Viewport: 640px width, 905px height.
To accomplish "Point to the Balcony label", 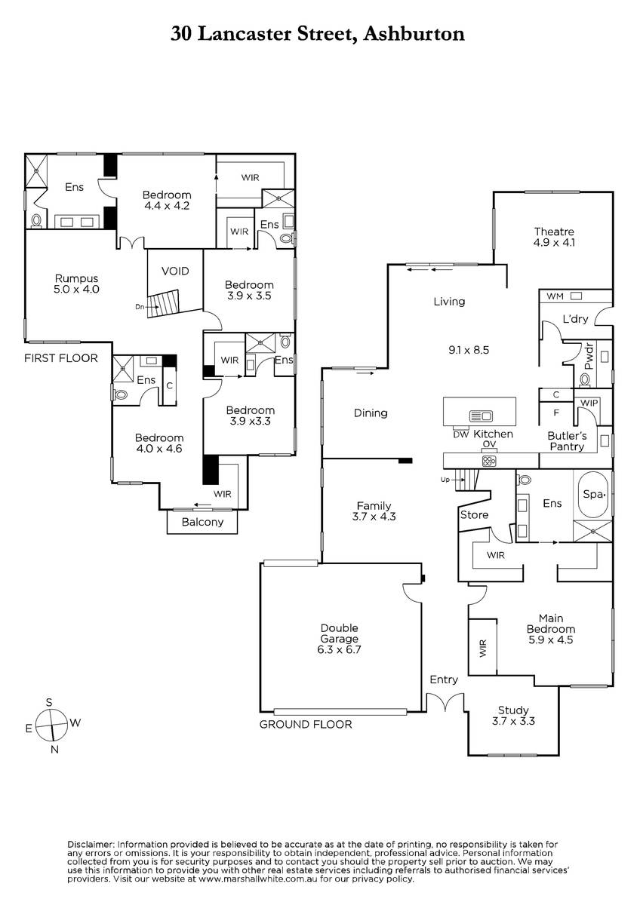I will click(x=203, y=522).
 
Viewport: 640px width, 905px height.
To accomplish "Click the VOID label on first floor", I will click(x=175, y=271).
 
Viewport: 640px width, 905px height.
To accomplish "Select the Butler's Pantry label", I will click(x=566, y=440).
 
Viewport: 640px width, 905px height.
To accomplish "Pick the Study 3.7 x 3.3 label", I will click(x=512, y=715).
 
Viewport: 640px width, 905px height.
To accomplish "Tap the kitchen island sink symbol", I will click(x=481, y=416).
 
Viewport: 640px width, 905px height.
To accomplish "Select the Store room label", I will click(x=474, y=515).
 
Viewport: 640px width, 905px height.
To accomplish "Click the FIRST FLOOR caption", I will click(x=61, y=358).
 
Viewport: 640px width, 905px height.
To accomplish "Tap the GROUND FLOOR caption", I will click(x=306, y=724).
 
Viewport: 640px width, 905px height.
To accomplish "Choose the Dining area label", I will click(x=371, y=413).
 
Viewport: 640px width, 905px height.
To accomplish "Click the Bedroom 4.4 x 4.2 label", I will click(x=167, y=200).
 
